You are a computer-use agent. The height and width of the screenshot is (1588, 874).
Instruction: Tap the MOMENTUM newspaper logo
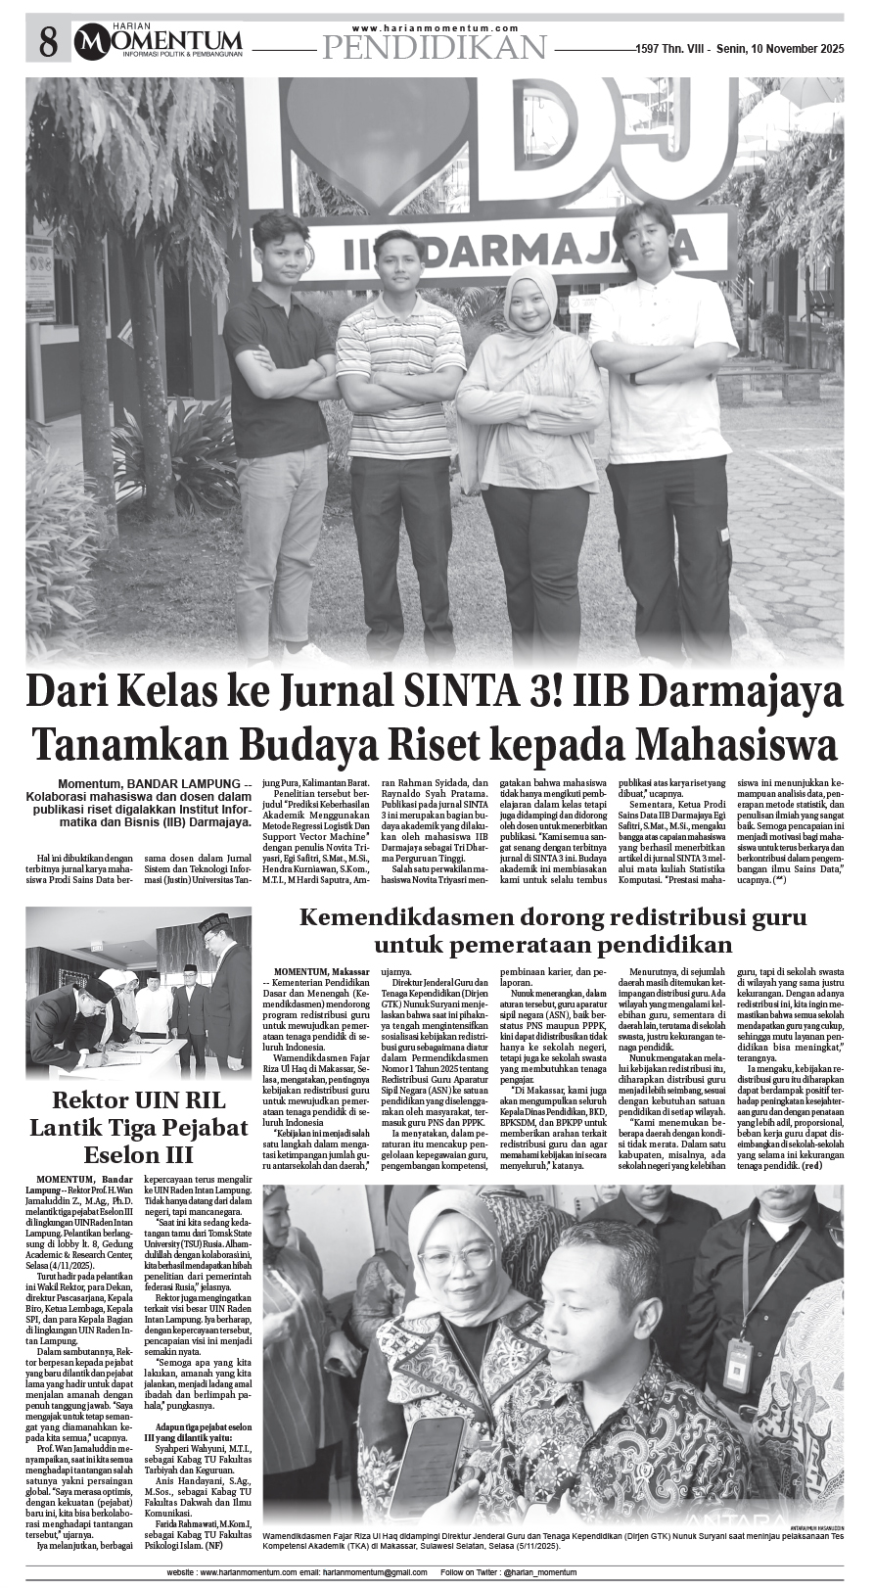pyautogui.click(x=162, y=40)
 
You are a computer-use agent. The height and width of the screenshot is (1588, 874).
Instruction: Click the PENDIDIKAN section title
pyautogui.click(x=433, y=46)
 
